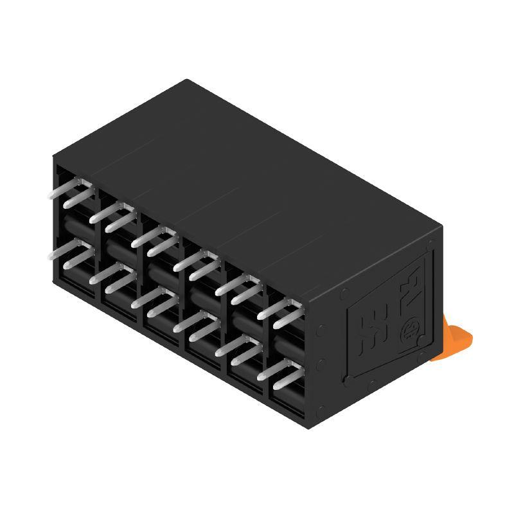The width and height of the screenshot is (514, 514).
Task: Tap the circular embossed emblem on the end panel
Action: (x=410, y=332)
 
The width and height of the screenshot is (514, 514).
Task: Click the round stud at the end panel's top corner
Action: (x=431, y=243)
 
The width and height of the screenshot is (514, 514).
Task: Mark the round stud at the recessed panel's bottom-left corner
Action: (x=348, y=380)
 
